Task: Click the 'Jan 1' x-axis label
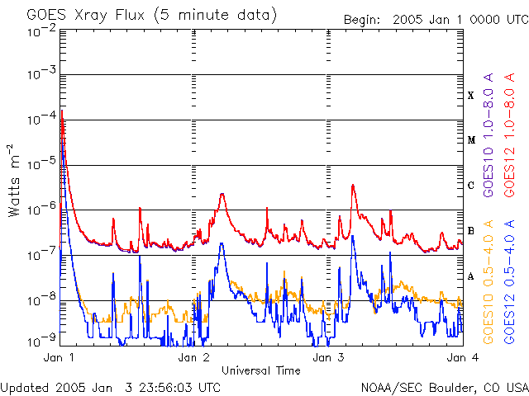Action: [59, 359]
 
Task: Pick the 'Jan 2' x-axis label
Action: [193, 359]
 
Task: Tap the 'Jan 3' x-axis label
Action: [328, 359]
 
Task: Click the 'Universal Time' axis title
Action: [260, 370]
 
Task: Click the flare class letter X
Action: [470, 96]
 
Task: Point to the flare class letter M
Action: [470, 140]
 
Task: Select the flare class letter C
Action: [470, 186]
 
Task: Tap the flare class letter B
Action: [470, 231]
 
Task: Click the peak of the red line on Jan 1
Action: [63, 111]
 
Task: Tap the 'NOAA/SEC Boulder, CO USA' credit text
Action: [444, 386]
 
